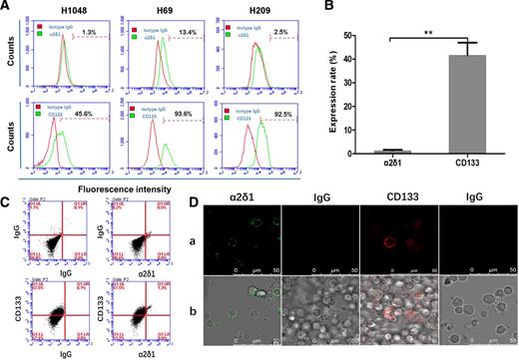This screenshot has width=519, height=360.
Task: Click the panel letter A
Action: (7, 8)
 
